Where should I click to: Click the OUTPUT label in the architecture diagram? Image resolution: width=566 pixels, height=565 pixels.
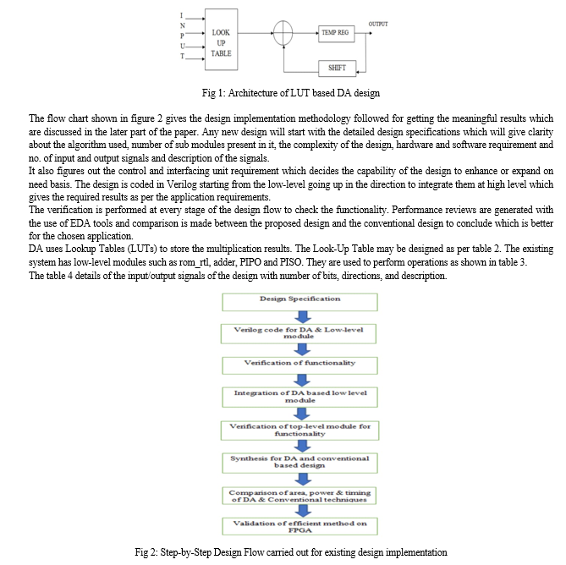click(x=378, y=24)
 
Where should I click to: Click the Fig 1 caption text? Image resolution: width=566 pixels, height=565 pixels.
click(x=290, y=93)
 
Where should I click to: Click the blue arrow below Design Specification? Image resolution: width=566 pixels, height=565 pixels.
click(x=303, y=317)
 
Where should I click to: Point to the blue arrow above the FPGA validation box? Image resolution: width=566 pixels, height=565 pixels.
click(x=303, y=511)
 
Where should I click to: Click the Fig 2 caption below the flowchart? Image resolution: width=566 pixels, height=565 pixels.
click(x=291, y=552)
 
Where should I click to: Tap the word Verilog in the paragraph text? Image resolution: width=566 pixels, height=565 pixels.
click(x=182, y=184)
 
